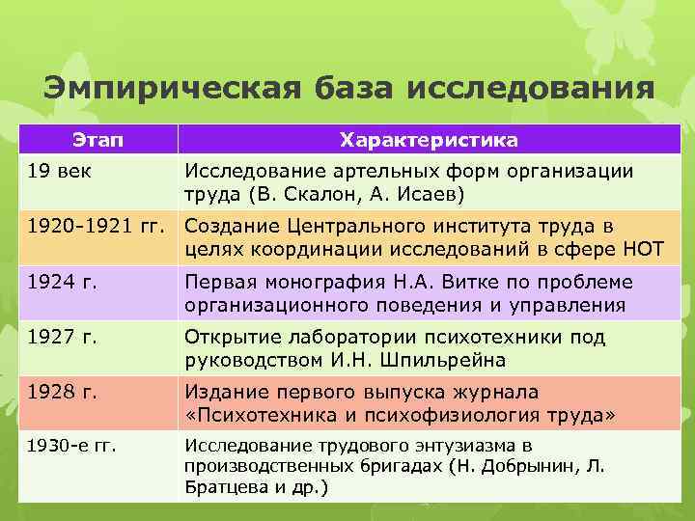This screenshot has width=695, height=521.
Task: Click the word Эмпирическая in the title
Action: (x=172, y=90)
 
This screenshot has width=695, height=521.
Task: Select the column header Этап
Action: (x=97, y=140)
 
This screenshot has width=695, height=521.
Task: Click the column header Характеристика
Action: (x=429, y=140)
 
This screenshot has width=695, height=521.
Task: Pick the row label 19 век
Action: (x=58, y=171)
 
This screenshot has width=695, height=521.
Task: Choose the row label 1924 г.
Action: (x=64, y=282)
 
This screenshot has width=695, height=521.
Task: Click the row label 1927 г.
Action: (x=64, y=338)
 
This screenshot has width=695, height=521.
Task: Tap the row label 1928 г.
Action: (x=64, y=393)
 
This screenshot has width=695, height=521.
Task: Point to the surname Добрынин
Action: (x=538, y=467)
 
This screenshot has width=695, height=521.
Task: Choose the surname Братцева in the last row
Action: (x=224, y=487)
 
